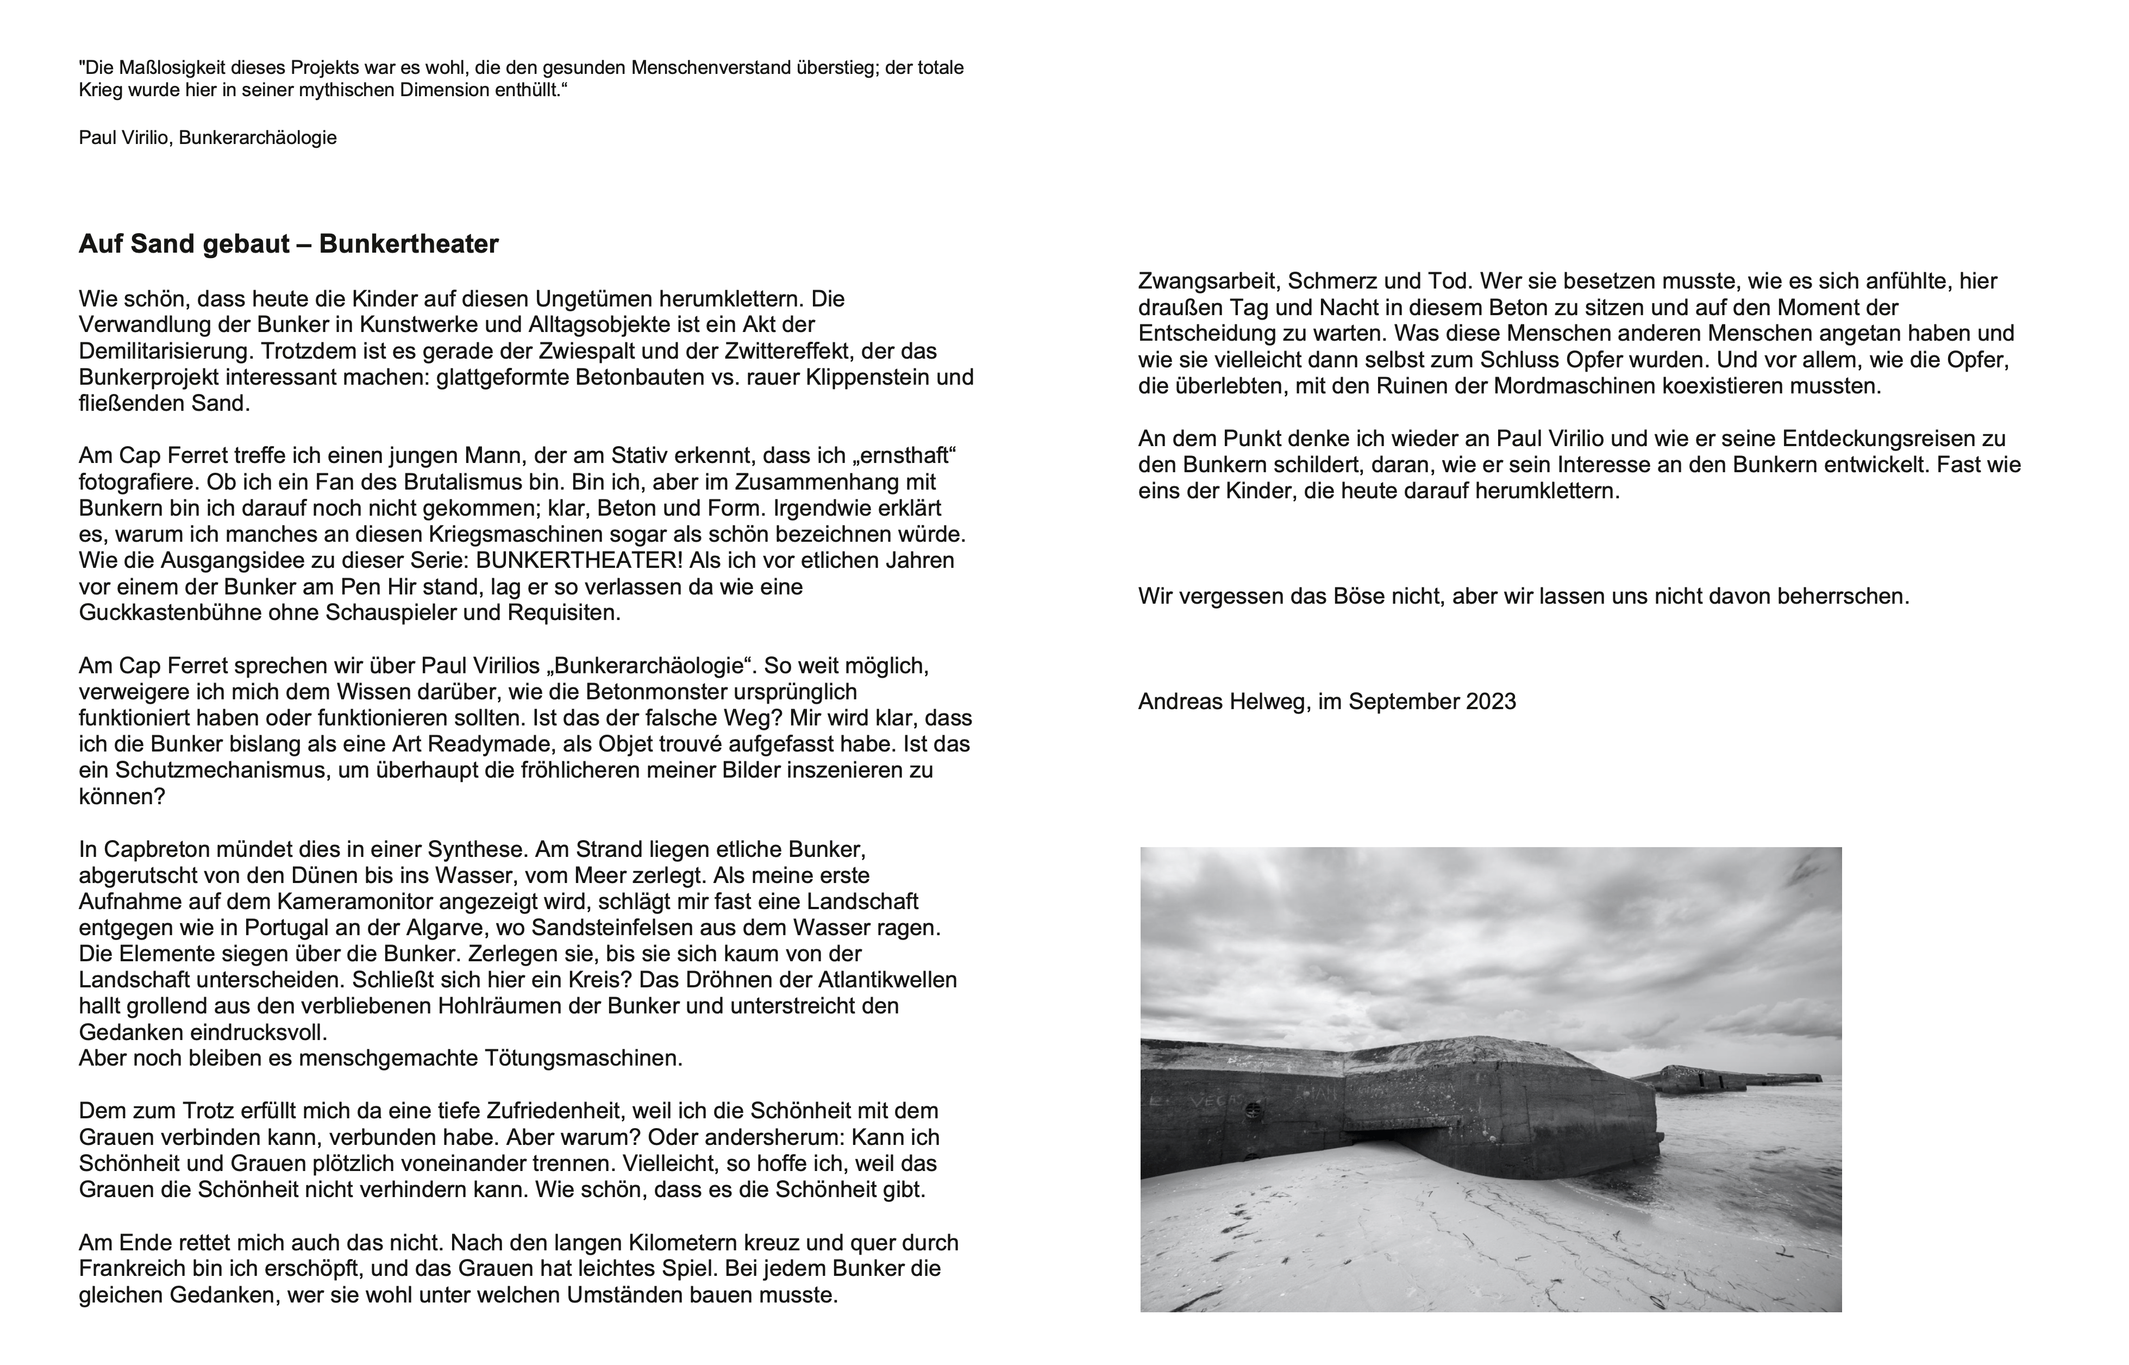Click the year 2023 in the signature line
pyautogui.click(x=1491, y=702)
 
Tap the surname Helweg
pyautogui.click(x=1263, y=702)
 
